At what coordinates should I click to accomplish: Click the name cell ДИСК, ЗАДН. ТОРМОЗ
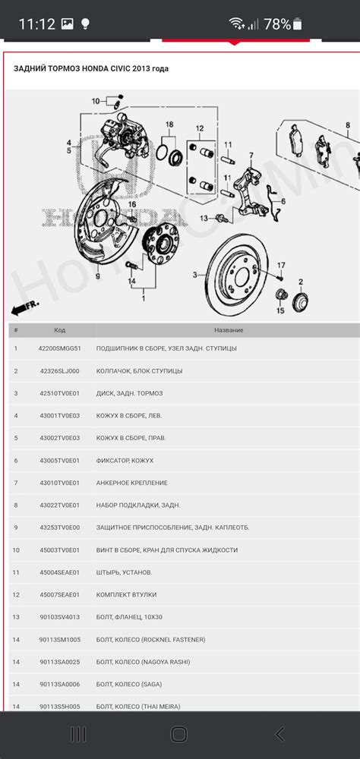[x=130, y=393]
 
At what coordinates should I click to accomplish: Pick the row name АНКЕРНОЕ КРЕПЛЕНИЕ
[x=132, y=483]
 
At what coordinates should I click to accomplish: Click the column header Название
[x=228, y=330]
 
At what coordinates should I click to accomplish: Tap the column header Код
[x=59, y=330]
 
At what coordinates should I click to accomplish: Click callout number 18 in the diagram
[x=169, y=124]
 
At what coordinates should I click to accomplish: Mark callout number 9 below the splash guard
[x=97, y=277]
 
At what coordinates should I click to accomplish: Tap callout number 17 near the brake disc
[x=281, y=265]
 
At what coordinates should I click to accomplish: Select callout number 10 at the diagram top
[x=96, y=101]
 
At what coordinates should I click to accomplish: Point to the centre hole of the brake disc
[x=246, y=272]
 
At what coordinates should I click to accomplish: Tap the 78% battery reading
[x=277, y=24]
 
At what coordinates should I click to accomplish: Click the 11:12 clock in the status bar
[x=36, y=24]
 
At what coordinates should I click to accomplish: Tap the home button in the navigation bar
[x=179, y=734]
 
